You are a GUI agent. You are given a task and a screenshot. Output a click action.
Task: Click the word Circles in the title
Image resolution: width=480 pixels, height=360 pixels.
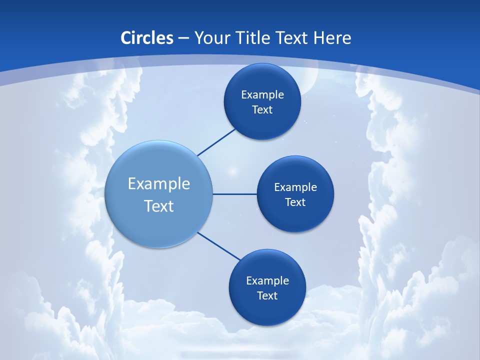147,38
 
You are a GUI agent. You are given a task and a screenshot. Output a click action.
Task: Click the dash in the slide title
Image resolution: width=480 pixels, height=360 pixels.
183,38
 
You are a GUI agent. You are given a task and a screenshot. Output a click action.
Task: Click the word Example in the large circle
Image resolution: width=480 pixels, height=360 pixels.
159,184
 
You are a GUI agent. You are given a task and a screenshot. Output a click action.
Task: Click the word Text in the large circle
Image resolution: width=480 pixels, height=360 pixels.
159,206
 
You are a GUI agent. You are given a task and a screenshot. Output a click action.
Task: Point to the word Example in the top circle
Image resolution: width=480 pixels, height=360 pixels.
262,95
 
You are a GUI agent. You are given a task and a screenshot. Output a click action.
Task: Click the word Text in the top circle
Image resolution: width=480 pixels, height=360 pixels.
262,110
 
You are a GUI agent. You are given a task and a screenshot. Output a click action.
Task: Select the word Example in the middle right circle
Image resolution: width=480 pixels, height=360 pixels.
295,187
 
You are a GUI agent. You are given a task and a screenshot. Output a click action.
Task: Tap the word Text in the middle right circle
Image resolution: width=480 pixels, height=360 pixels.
295,202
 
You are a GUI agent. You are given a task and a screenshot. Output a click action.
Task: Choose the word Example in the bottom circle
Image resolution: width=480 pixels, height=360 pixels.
267,281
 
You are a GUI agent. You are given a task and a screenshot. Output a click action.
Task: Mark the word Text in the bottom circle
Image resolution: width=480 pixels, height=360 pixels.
267,296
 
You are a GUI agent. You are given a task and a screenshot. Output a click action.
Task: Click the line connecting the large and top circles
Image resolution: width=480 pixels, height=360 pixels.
216,142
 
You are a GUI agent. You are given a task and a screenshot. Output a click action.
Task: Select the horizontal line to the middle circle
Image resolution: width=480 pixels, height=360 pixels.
234,194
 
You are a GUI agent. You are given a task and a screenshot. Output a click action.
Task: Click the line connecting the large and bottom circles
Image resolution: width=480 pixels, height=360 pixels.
219,246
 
